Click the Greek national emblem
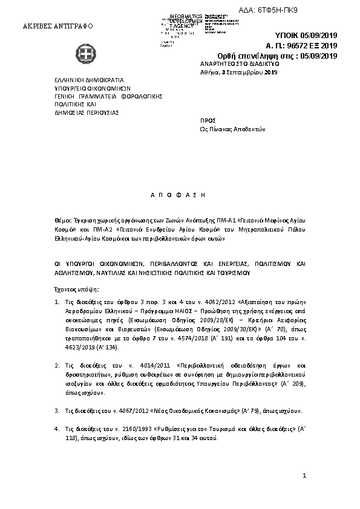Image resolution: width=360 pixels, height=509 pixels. pos(90,55)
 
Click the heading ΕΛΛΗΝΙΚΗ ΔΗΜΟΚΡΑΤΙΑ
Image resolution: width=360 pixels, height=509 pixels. pos(89,79)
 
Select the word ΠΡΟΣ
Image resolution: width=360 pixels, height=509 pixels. pos(208,121)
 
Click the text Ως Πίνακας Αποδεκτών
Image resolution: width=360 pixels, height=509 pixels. pos(232,129)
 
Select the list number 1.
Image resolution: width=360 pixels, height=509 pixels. pos(57,300)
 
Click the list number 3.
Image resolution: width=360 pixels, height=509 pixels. pos(57,410)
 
